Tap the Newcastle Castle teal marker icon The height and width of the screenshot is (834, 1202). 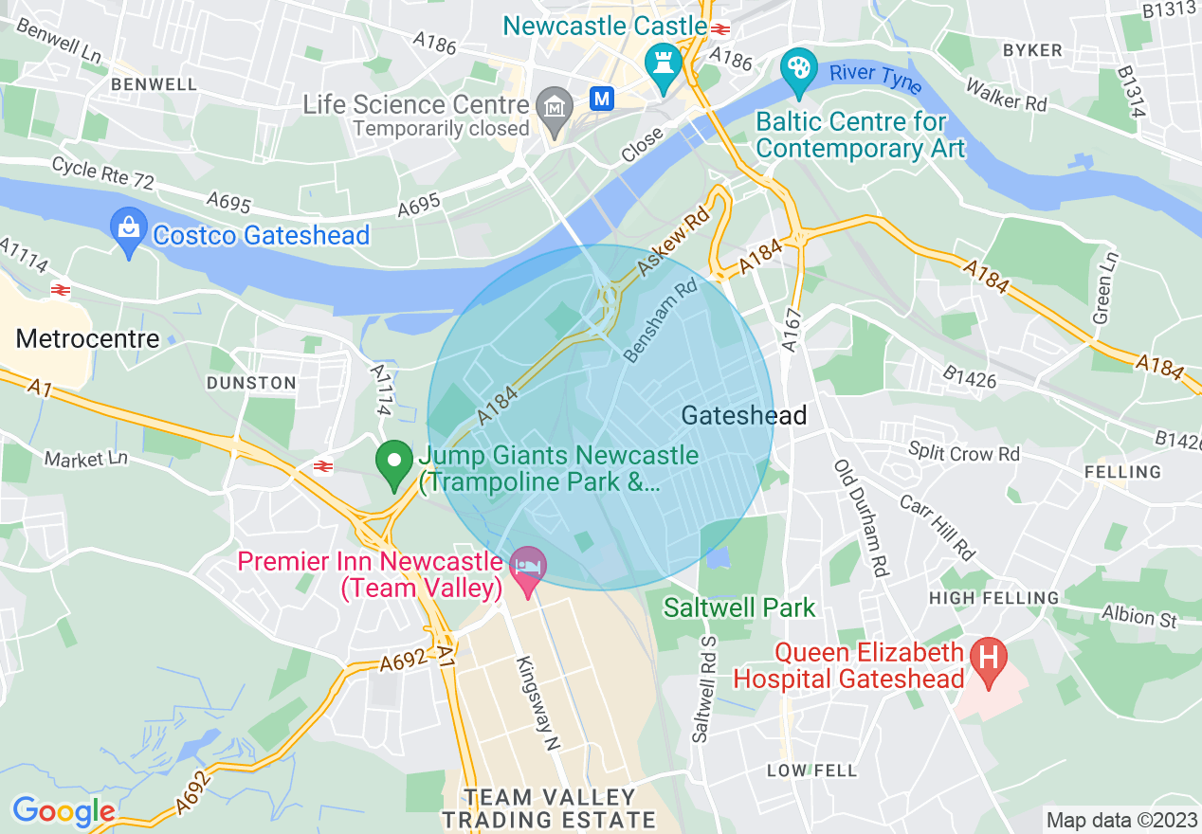point(663,65)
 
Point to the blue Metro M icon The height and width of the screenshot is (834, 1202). point(601,98)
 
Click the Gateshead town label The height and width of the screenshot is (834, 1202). point(744,415)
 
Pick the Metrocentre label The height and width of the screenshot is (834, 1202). point(88,338)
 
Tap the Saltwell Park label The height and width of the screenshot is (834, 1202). point(739,607)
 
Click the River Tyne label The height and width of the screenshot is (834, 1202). point(875,78)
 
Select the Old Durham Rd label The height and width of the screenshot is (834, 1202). point(861,518)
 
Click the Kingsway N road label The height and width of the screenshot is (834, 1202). point(537,703)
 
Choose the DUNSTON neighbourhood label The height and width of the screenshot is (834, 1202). point(251,383)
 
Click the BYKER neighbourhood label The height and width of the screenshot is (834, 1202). point(1032,50)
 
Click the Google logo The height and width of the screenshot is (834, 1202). point(63,811)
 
